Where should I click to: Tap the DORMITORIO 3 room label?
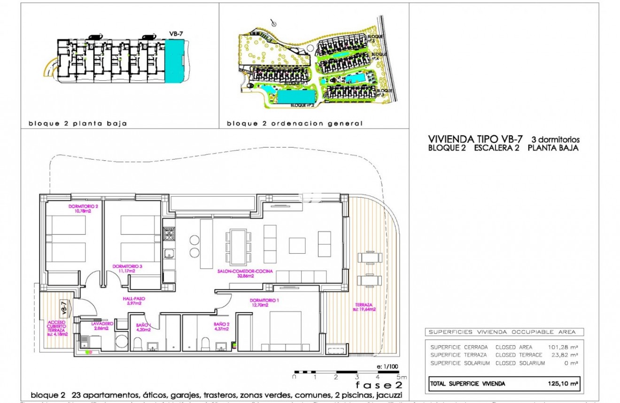click(x=124, y=266)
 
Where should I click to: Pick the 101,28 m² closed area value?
click(x=563, y=347)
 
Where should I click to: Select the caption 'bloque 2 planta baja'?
click(x=77, y=124)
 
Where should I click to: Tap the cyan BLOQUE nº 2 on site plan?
click(x=295, y=97)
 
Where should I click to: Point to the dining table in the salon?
click(x=237, y=247)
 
